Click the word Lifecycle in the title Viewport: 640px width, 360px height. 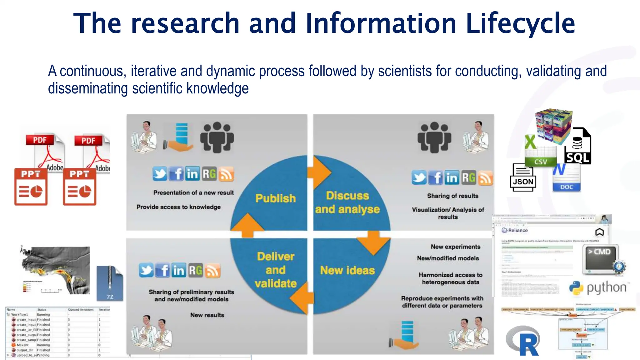[x=520, y=23]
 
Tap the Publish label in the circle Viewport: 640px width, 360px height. [x=275, y=198]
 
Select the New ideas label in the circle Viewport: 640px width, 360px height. [x=347, y=270]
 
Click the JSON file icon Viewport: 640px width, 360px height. [x=523, y=178]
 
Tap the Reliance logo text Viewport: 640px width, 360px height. [x=517, y=230]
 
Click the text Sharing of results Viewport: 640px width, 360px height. [x=452, y=196]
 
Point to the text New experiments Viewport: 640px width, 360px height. [x=455, y=247]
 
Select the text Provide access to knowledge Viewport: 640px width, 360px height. [x=178, y=207]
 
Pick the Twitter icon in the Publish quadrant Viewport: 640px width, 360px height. [x=160, y=174]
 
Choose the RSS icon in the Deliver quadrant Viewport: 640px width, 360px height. [x=212, y=271]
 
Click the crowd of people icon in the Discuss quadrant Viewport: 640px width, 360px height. [x=434, y=137]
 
